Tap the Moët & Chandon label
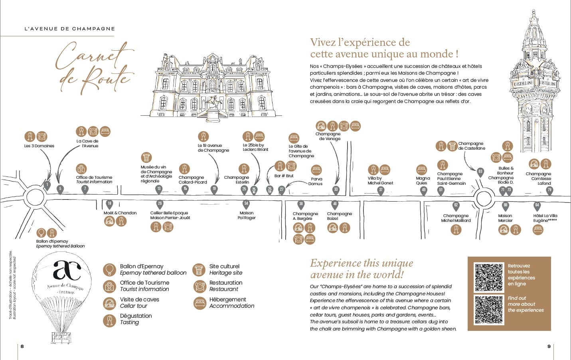(120, 213)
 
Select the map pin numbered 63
(480, 172)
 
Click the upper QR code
(489, 277)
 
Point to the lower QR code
(489, 310)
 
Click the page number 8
(22, 346)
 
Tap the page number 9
(549, 346)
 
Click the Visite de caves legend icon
(109, 303)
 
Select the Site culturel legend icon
(199, 270)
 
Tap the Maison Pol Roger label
(247, 216)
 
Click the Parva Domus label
(315, 182)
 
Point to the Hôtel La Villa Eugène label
(545, 218)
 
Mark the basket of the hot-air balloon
(61, 338)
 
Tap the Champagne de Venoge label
(328, 136)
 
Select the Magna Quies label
(422, 181)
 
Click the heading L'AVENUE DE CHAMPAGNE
(70, 29)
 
